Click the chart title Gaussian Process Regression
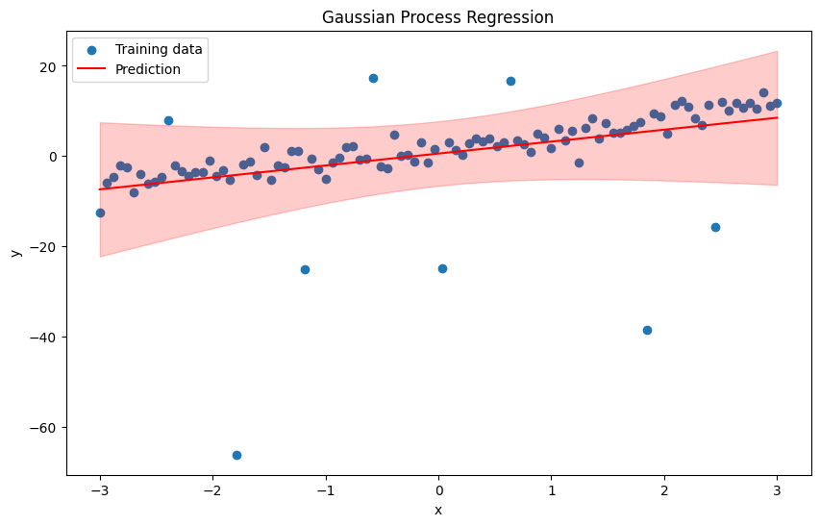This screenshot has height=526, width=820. pos(437,17)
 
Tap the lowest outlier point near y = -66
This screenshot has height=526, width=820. pos(236,455)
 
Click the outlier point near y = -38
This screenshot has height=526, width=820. pos(647,330)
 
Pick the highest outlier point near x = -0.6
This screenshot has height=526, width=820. pos(373,78)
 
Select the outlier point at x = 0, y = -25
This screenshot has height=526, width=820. pos(442,268)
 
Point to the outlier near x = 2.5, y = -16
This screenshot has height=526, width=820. pos(715,227)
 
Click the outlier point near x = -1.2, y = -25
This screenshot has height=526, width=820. pos(305,269)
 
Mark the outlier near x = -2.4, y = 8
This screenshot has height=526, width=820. pos(168,120)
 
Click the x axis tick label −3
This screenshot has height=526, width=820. pos(100,490)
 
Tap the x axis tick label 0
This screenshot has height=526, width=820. pos(438,490)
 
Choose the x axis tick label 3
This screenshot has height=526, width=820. pos(777,490)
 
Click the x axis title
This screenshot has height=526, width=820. pos(438,511)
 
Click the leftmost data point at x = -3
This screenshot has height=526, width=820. pos(100,213)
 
